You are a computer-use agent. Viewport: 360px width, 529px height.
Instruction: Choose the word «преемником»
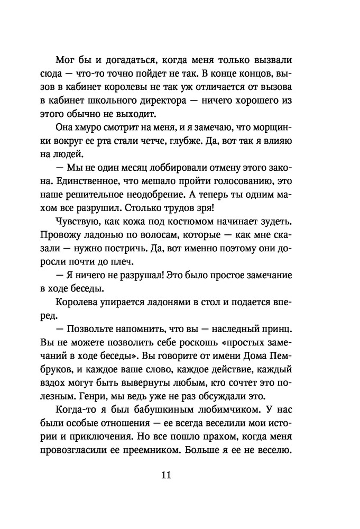tap(189, 450)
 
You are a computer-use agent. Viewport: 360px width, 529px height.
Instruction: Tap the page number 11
tap(165, 475)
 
